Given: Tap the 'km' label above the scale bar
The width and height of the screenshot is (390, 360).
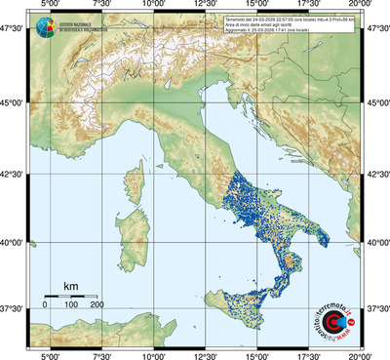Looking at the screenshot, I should (70, 285).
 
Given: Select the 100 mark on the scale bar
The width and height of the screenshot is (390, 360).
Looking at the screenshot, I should (71, 305).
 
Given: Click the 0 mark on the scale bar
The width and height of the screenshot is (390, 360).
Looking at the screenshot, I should (45, 305).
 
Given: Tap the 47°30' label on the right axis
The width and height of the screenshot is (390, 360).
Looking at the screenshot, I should (376, 30).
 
